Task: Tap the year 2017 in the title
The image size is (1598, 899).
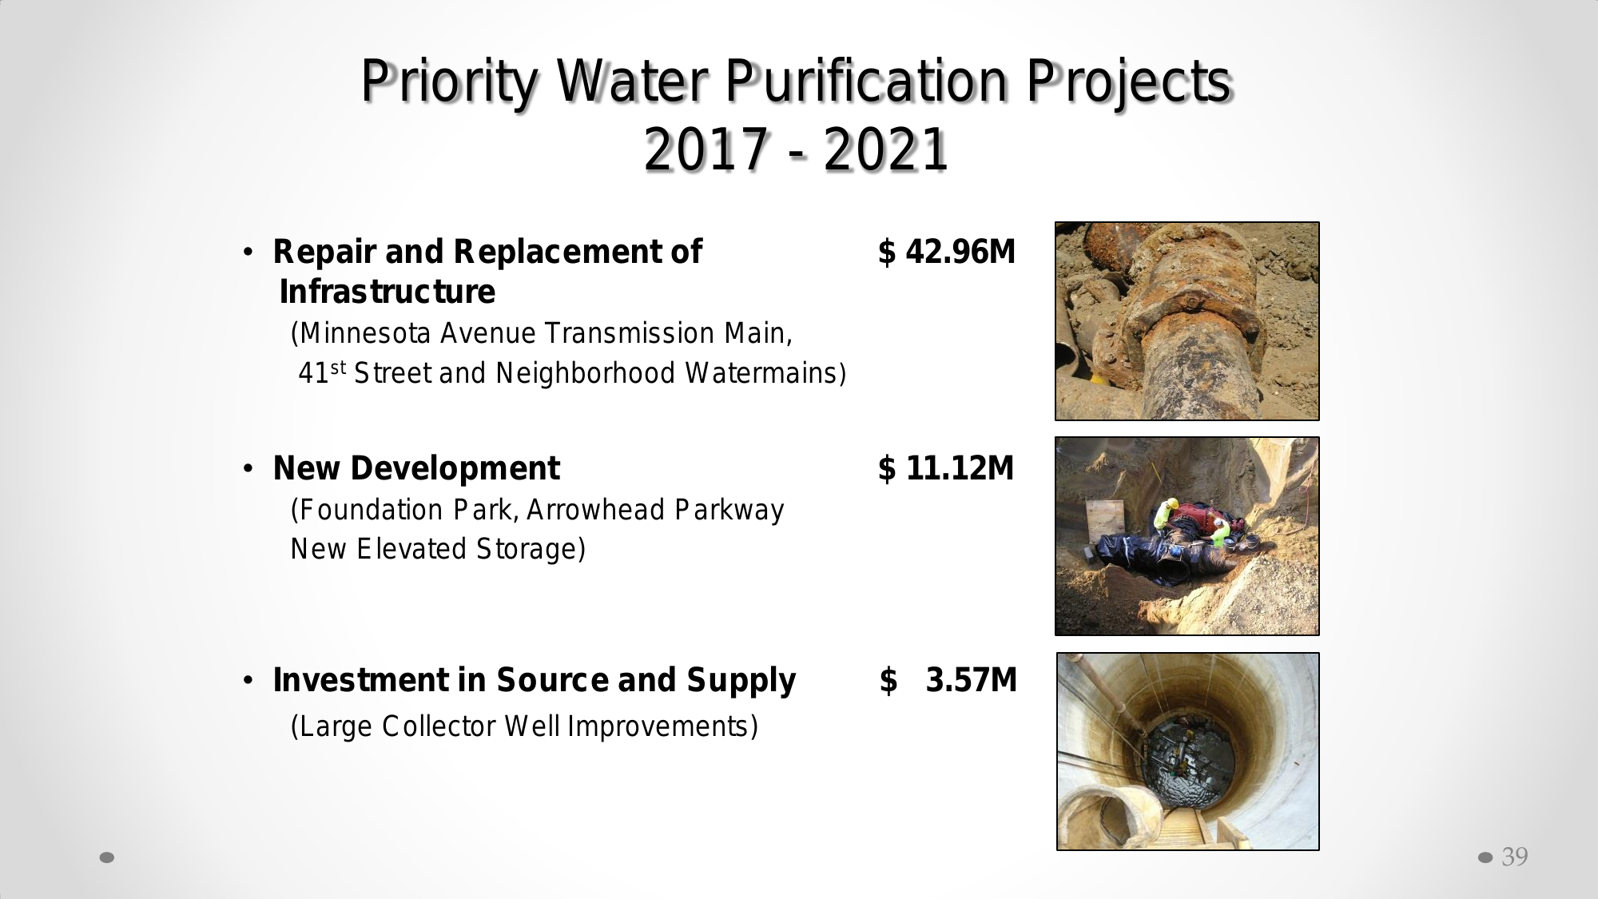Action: pyautogui.click(x=706, y=149)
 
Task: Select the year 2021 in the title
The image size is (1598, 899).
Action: pyautogui.click(x=885, y=149)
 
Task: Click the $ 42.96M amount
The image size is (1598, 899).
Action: pyautogui.click(x=947, y=252)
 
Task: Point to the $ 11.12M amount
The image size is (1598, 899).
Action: pyautogui.click(x=946, y=468)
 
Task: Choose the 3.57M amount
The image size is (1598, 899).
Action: pyautogui.click(x=972, y=680)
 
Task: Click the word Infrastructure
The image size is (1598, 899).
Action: pyautogui.click(x=388, y=292)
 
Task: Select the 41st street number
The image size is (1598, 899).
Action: pyautogui.click(x=322, y=372)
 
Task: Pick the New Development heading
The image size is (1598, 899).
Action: pyautogui.click(x=416, y=468)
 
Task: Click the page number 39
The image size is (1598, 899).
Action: pyautogui.click(x=1515, y=857)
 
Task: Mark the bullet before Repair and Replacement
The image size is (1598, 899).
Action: pyautogui.click(x=248, y=253)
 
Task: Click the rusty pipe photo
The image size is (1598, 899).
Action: pyautogui.click(x=1187, y=321)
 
